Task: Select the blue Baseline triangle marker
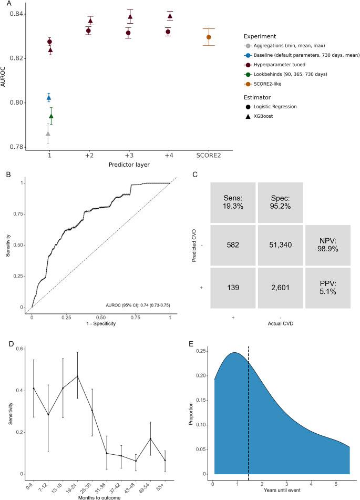pyautogui.click(x=49, y=97)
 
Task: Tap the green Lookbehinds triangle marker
pyautogui.click(x=51, y=116)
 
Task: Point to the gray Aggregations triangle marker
pyautogui.click(x=48, y=134)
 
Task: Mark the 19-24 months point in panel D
pyautogui.click(x=78, y=376)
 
